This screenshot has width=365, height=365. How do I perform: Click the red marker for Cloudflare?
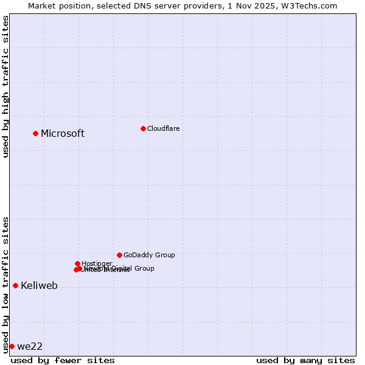coord(143,128)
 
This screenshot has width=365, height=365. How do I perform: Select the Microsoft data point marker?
coord(35,133)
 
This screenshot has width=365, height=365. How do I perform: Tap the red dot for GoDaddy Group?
coord(119,255)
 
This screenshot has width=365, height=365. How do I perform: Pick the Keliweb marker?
coord(15,285)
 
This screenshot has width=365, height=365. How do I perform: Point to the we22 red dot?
coord(12,346)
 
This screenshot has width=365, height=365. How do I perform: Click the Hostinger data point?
coord(77,263)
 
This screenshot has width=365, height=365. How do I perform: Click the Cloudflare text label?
coord(163,128)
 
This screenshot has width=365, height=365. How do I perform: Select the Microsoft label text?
coord(63,134)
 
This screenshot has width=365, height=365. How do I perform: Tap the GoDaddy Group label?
coord(149,255)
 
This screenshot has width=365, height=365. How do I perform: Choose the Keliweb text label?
coord(39,286)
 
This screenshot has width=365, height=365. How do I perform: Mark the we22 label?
coord(30,347)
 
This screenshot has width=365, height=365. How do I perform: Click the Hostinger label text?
coord(97,263)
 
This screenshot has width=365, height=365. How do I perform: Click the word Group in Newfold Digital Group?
coord(144,268)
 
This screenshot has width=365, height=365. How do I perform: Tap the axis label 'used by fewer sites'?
coord(63,360)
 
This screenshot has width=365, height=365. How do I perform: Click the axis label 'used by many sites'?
coord(305,360)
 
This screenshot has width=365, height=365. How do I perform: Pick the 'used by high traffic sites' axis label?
coord(5,86)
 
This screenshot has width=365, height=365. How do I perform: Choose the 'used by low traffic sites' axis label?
coord(5,284)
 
